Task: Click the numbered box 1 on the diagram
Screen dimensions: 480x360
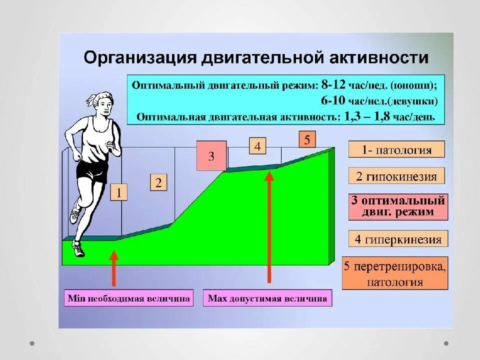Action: pyautogui.click(x=119, y=192)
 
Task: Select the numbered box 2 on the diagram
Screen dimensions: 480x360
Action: pyautogui.click(x=158, y=182)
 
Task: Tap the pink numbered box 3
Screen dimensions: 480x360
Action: pyautogui.click(x=211, y=156)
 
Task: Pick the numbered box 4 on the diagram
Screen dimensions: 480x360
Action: pyautogui.click(x=257, y=146)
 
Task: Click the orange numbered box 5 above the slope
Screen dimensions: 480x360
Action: pyautogui.click(x=307, y=139)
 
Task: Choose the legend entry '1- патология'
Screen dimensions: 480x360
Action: pyautogui.click(x=396, y=149)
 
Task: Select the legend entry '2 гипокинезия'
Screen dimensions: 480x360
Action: pyautogui.click(x=396, y=176)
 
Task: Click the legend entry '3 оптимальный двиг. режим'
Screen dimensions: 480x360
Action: pyautogui.click(x=397, y=206)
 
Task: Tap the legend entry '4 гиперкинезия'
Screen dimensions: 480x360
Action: pyautogui.click(x=398, y=239)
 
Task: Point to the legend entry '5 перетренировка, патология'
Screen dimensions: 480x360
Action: pyautogui.click(x=394, y=273)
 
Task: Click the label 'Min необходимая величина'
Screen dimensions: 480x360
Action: pyautogui.click(x=128, y=298)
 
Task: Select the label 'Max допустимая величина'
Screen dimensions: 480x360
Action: pyautogui.click(x=267, y=298)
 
